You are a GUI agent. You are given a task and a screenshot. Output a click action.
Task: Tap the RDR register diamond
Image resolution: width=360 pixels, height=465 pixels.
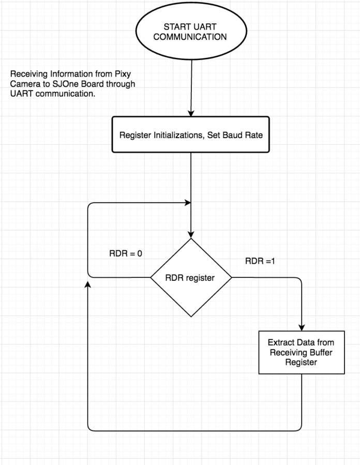coord(191,278)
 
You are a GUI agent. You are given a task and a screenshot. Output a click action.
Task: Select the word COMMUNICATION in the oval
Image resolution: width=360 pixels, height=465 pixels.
coord(192,37)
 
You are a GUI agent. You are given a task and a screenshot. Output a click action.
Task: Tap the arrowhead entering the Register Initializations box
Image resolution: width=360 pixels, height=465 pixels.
coord(191,113)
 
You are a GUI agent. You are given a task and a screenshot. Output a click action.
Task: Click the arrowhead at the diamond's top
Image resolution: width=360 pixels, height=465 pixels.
coord(191,234)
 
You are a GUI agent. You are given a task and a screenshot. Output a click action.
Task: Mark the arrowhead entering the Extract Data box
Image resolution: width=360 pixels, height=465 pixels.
coord(301,327)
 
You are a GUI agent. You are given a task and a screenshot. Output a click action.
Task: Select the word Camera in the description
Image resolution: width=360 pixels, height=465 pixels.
coord(23,84)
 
